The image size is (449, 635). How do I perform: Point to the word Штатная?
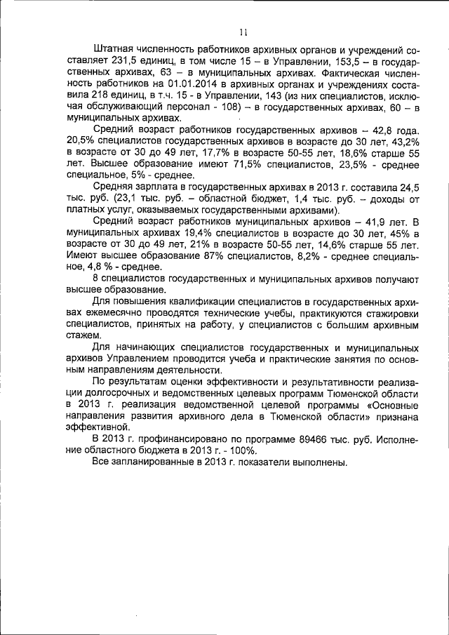(x=115, y=51)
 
